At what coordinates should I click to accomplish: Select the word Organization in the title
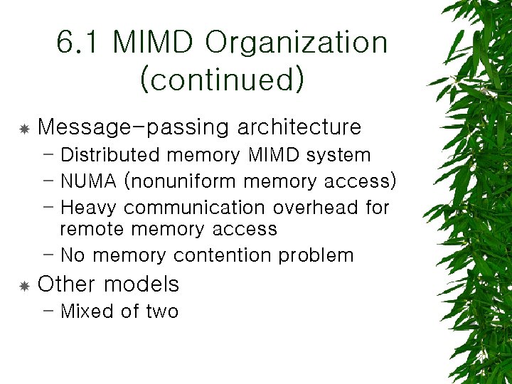(297, 43)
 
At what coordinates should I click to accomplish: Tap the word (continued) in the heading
(223, 79)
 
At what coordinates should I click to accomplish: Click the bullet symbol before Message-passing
(23, 129)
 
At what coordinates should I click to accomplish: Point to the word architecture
(299, 127)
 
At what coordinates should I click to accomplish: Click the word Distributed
(109, 155)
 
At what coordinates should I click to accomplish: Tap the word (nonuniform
(181, 181)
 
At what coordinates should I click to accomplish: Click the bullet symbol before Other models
(23, 286)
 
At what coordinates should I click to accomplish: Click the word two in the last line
(162, 311)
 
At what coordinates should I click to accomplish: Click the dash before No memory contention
(48, 254)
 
